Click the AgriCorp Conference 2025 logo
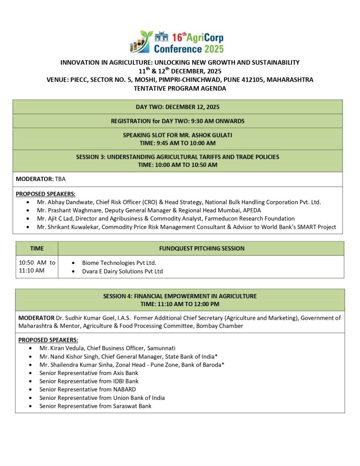(177, 42)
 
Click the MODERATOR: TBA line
(41, 179)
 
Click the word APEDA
(251, 210)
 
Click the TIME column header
(37, 248)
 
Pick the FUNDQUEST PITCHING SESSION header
(202, 248)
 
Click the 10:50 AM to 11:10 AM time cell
(37, 266)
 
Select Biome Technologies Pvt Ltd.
(119, 263)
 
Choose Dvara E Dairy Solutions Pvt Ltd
(122, 271)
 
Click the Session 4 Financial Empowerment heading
(180, 296)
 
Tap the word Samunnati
(160, 348)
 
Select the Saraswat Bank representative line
(95, 406)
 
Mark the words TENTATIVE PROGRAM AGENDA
(180, 88)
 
